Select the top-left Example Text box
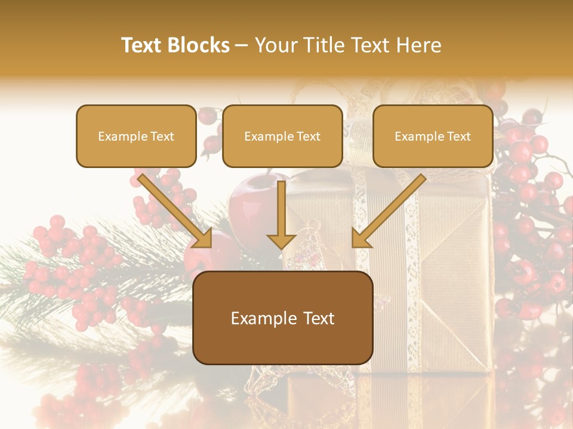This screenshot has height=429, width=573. point(136,136)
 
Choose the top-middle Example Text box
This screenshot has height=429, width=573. point(282,136)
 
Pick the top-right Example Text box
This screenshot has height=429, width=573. point(433,136)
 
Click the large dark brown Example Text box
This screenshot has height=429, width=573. point(283,318)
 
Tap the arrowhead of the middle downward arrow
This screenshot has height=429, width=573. point(281,240)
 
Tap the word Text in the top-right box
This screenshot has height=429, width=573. point(458,136)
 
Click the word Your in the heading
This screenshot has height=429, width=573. point(275,45)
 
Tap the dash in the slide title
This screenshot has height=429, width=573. point(242,45)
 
